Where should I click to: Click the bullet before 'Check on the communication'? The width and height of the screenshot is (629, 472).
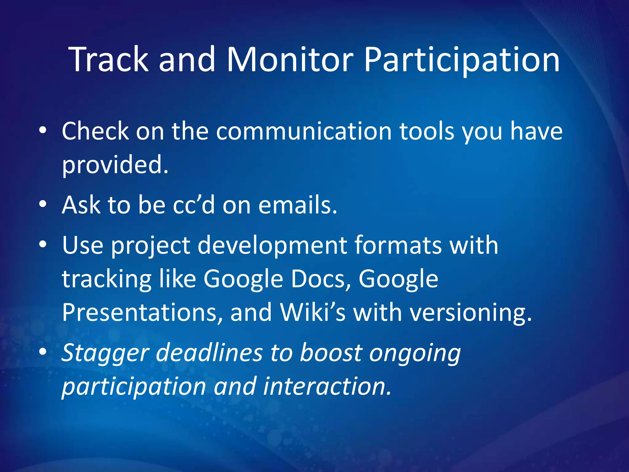[43, 131]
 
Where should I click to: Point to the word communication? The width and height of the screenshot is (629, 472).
[304, 132]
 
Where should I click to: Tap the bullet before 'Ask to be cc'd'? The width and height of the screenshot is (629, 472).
[43, 204]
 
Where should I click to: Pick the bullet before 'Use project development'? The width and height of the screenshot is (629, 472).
[43, 245]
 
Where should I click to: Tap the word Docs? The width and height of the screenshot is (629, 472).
[321, 279]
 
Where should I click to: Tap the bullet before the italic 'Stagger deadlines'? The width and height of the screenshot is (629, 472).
[43, 352]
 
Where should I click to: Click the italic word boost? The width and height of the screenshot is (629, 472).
[330, 353]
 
